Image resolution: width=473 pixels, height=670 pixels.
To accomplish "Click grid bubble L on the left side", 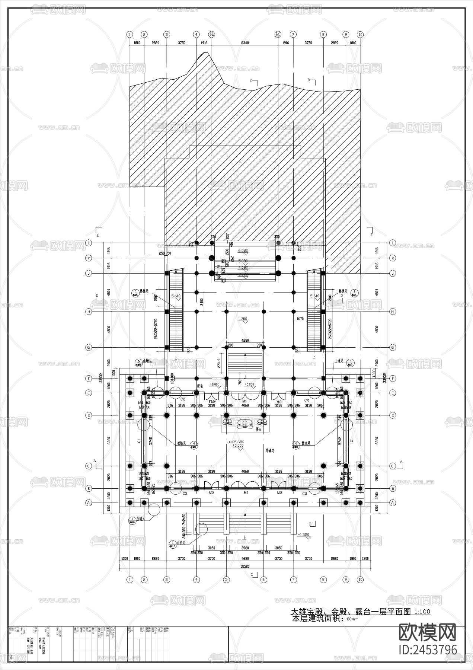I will click(x=89, y=243).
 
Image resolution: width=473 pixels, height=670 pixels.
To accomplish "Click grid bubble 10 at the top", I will click(x=360, y=34).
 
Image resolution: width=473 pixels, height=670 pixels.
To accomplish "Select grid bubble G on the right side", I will click(x=392, y=348).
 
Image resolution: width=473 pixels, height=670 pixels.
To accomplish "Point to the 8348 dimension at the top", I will click(x=245, y=43).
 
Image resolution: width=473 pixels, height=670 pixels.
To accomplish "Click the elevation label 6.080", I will click(x=243, y=251).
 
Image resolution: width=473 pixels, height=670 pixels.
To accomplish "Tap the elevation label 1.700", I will click(x=242, y=319).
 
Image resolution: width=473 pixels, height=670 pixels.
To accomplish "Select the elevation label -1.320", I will click(x=304, y=535).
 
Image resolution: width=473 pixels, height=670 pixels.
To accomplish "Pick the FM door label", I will click(x=212, y=402).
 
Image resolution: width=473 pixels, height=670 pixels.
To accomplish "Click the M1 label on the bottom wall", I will click(x=245, y=492).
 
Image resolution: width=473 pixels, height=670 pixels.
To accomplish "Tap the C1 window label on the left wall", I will click(x=138, y=441).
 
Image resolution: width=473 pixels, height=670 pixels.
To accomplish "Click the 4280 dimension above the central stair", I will click(x=245, y=341).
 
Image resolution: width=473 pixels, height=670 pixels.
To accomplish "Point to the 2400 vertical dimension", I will click(x=201, y=301).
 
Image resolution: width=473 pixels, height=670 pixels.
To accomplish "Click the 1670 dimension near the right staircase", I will click(x=300, y=319).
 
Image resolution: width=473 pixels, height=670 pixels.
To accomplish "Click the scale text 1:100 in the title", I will click(x=422, y=611).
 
